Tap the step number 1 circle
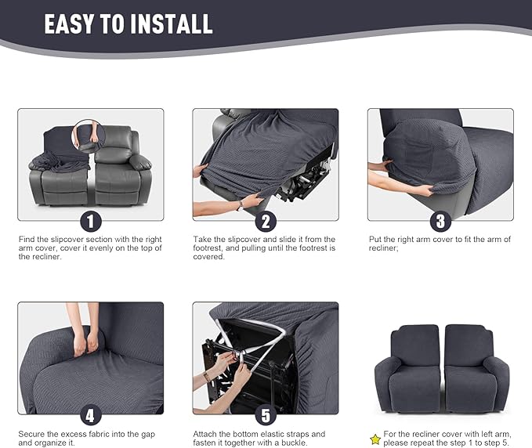pos(92,220)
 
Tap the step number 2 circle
pos(266,220)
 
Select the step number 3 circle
pos(440,220)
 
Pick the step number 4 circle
pos(92,414)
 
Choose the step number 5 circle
pos(266,414)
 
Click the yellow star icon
pos(375,439)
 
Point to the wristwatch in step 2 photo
pos(241,204)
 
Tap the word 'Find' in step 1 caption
pos(26,239)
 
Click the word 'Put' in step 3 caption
pos(375,239)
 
